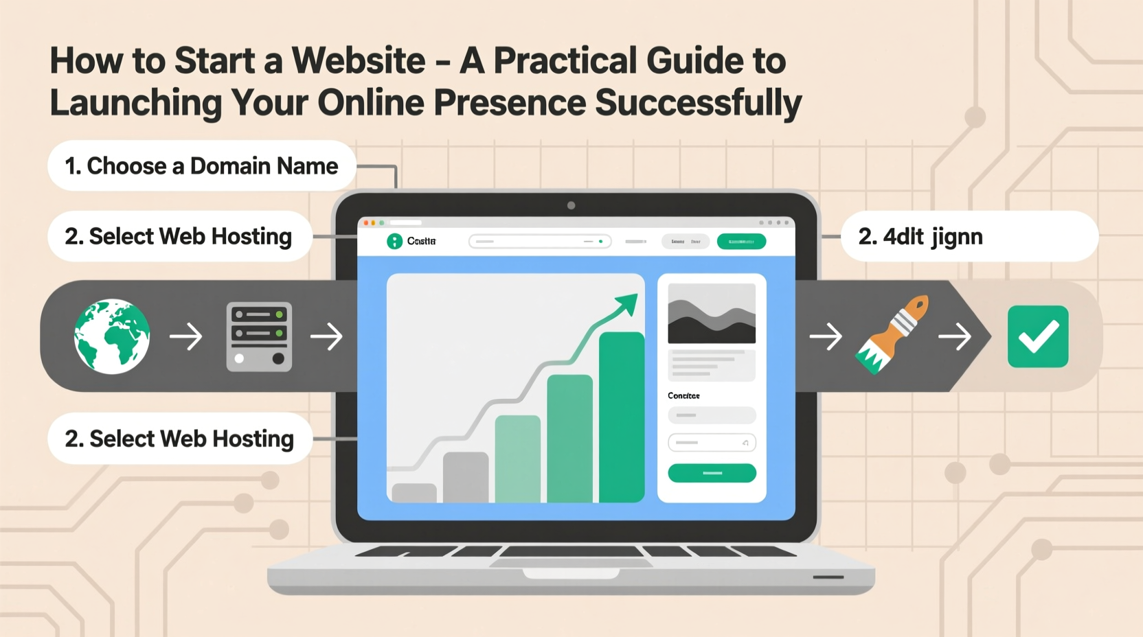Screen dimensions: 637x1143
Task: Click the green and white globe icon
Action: tap(112, 336)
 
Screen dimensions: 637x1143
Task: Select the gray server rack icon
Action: tap(259, 336)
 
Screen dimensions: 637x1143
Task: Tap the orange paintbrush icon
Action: tap(892, 334)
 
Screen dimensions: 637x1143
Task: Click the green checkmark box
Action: tap(1037, 336)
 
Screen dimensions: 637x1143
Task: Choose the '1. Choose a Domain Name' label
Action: tap(201, 165)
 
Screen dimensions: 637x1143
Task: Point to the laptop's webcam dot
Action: tap(571, 205)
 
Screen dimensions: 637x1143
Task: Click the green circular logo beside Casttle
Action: tap(394, 241)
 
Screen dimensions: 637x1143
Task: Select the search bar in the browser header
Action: tap(540, 242)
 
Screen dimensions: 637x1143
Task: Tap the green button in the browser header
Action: tap(741, 242)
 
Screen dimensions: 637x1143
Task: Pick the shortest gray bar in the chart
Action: tap(414, 492)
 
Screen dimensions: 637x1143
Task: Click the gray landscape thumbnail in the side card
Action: tap(712, 313)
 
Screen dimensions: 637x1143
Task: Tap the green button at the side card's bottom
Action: tap(712, 473)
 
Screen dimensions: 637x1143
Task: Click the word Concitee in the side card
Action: tap(683, 396)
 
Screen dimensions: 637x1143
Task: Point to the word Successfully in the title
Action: tap(698, 103)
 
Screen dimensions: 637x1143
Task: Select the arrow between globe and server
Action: tap(186, 336)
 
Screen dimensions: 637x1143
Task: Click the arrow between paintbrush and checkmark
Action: tap(955, 336)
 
